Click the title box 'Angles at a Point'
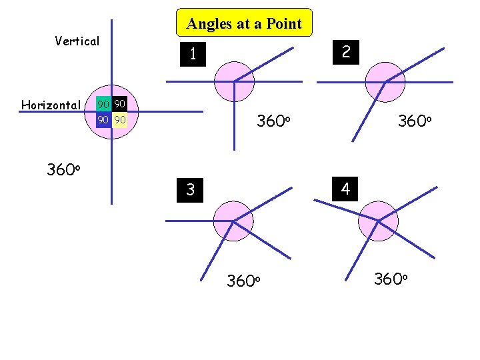pyautogui.click(x=244, y=24)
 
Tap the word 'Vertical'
pyautogui.click(x=77, y=41)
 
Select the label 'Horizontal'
pyautogui.click(x=51, y=105)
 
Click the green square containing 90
pyautogui.click(x=103, y=105)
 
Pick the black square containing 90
pyautogui.click(x=119, y=105)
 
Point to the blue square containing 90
pyautogui.click(x=103, y=121)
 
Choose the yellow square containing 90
pyautogui.click(x=119, y=121)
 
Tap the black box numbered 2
pyautogui.click(x=346, y=51)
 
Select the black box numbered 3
pyautogui.click(x=191, y=190)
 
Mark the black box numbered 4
pyautogui.click(x=345, y=189)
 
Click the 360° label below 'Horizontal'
pyautogui.click(x=64, y=169)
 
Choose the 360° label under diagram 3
pyautogui.click(x=243, y=281)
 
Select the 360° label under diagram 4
pyautogui.click(x=391, y=279)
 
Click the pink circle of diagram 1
pyautogui.click(x=234, y=81)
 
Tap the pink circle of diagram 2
pyautogui.click(x=386, y=81)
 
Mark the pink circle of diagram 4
pyautogui.click(x=378, y=221)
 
